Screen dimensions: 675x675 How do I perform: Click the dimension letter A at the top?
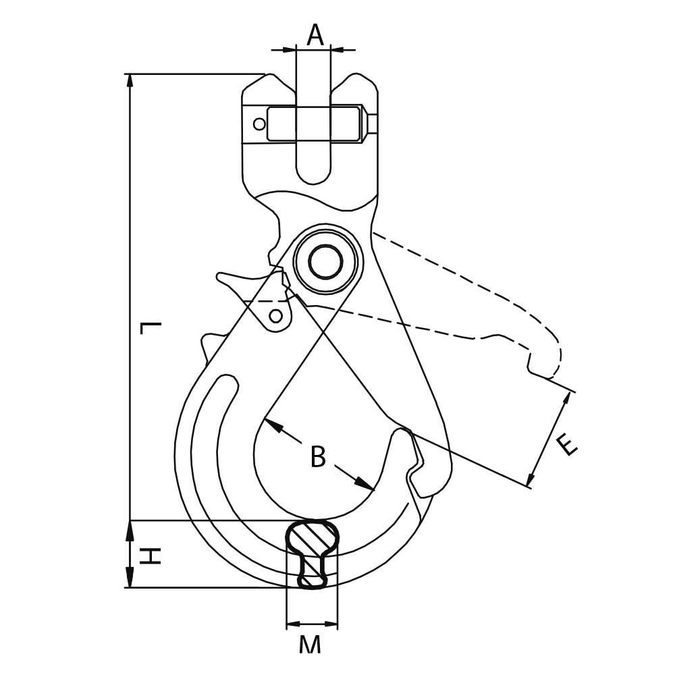[x=315, y=34]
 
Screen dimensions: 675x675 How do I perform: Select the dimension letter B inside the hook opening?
[x=318, y=458]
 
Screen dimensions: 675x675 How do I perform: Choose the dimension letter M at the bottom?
[x=310, y=645]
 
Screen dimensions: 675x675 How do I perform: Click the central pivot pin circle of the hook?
[x=326, y=261]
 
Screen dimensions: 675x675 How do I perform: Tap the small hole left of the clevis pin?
[x=259, y=124]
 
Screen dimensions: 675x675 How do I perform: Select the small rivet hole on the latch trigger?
[x=275, y=315]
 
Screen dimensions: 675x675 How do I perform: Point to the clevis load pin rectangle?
[x=313, y=124]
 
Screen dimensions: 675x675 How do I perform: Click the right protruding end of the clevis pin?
[x=372, y=124]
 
